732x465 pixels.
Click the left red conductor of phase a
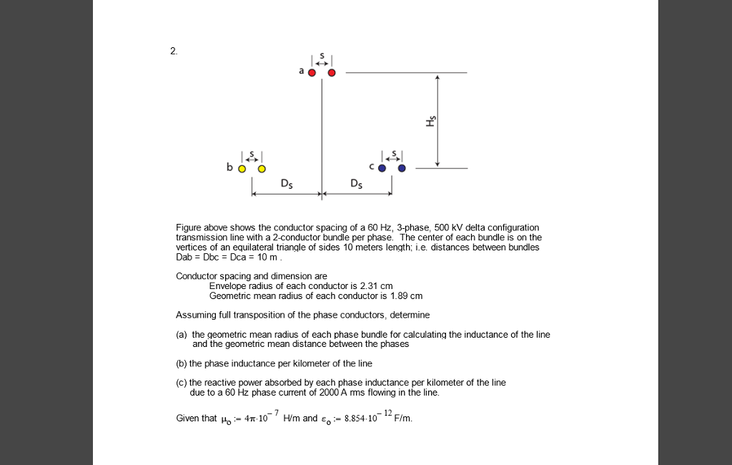coord(312,72)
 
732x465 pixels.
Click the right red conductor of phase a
coord(332,72)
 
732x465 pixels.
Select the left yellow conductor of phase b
coord(242,169)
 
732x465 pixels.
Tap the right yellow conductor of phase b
coord(262,169)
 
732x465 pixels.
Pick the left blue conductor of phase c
coord(382,169)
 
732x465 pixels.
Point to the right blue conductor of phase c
coord(402,169)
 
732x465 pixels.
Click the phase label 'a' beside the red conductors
coord(302,71)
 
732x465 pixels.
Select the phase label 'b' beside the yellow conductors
coord(229,167)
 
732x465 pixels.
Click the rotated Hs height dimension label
coord(430,121)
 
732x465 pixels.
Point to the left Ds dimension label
coord(286,184)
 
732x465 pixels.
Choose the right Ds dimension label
coord(357,184)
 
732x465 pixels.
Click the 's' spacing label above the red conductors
coord(322,56)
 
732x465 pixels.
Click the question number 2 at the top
coord(173,51)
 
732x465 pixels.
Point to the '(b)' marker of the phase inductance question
coord(182,363)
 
